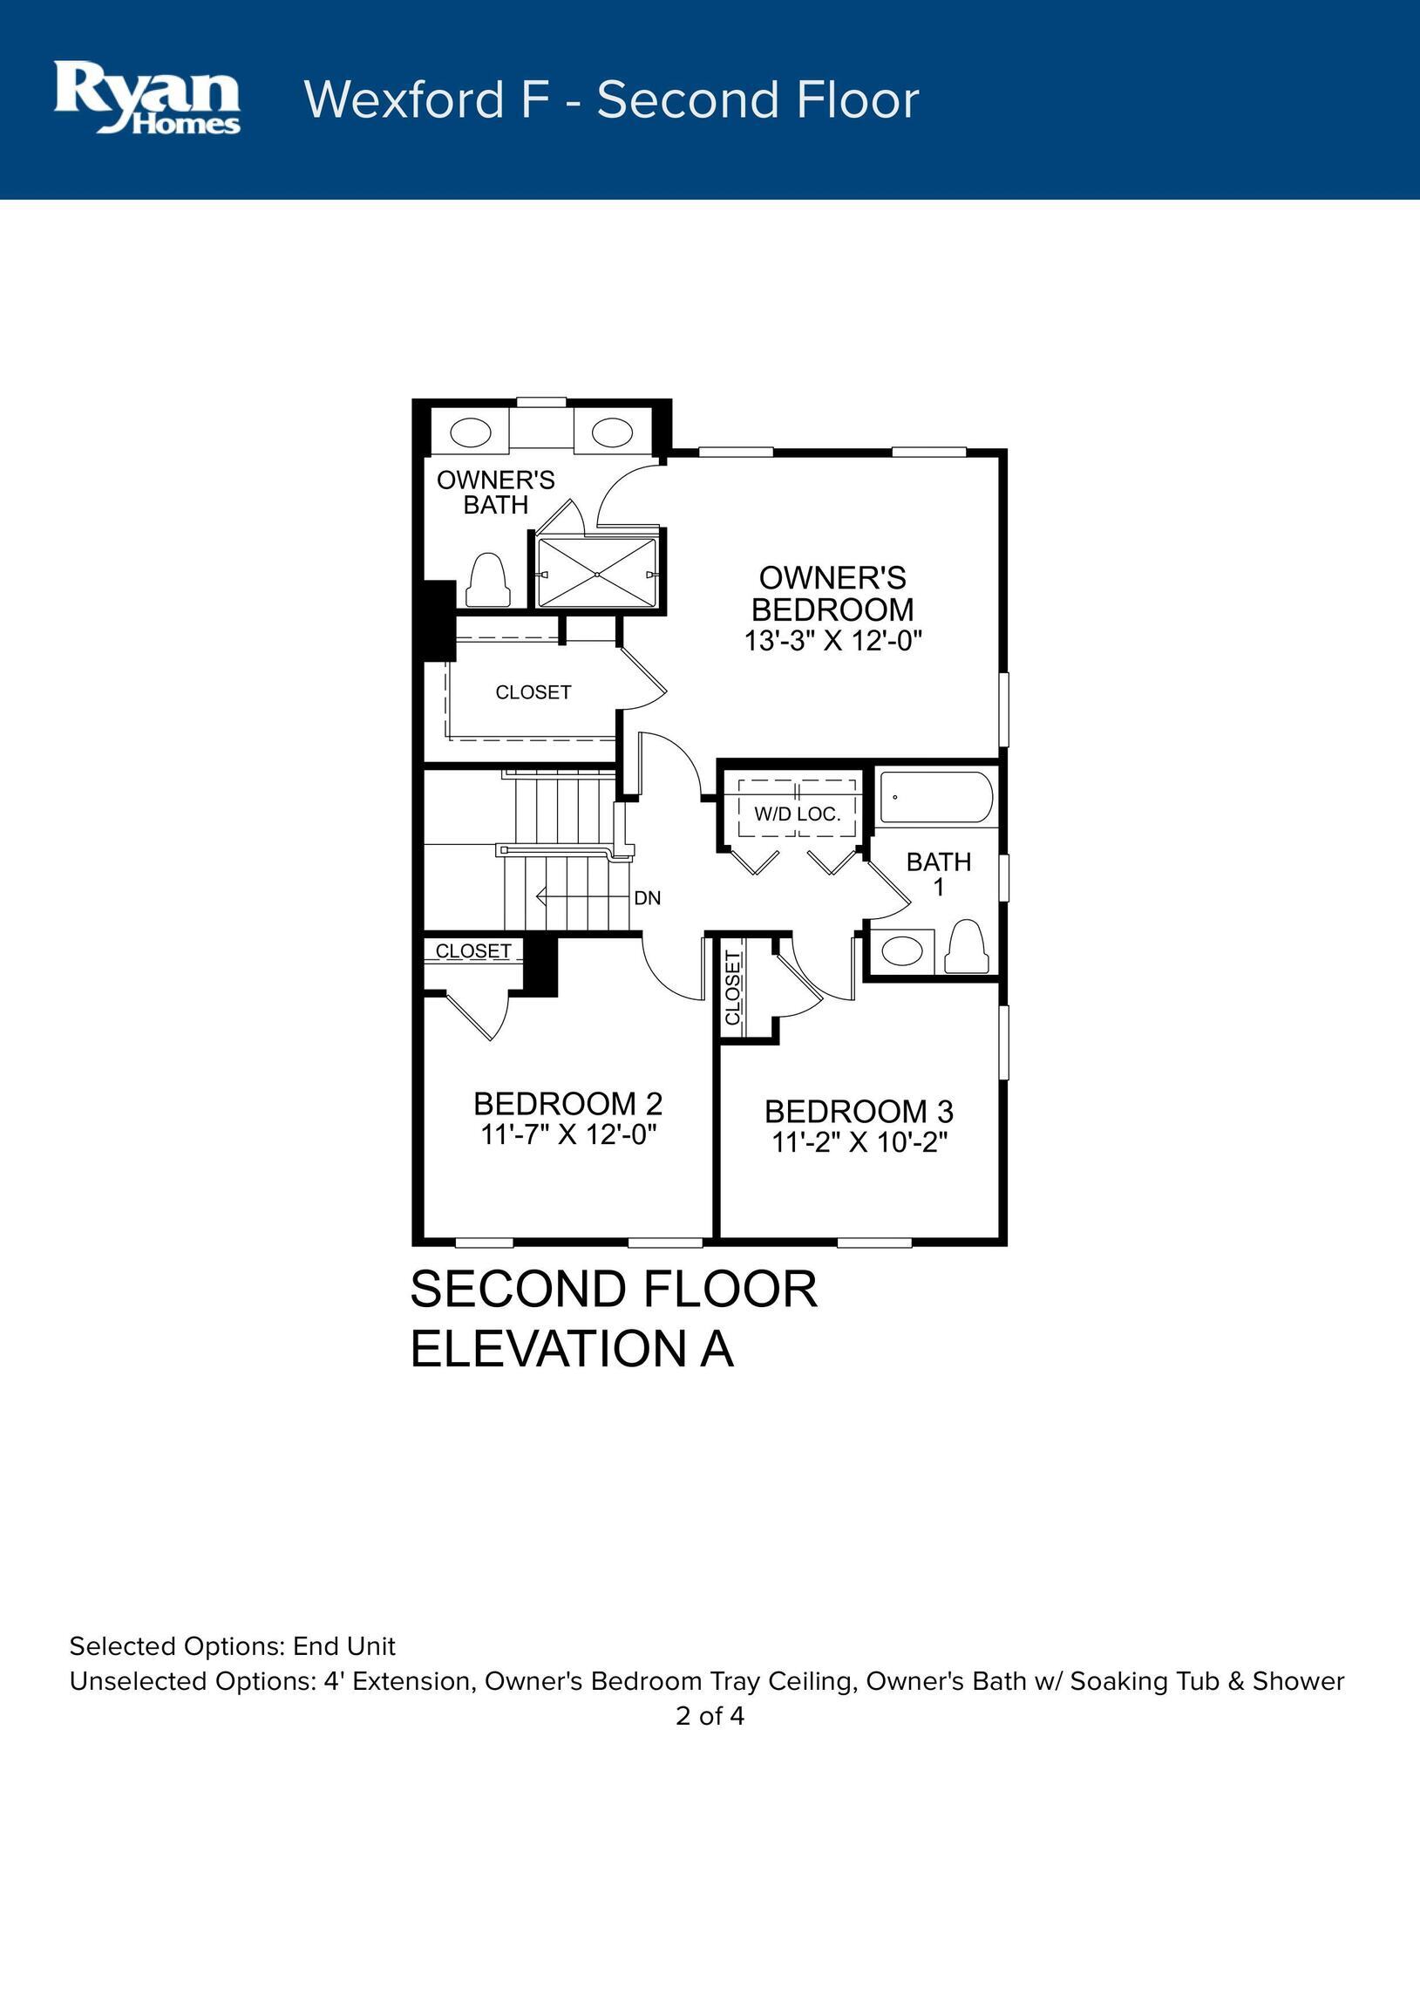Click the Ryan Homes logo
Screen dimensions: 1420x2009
coord(147,97)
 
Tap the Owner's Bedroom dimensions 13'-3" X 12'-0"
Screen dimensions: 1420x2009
coord(833,642)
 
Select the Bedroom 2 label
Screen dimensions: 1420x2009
coord(567,1103)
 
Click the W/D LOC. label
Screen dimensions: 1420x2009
coord(797,814)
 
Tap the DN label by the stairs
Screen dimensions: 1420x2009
coord(648,898)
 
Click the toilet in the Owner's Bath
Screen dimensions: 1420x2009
coord(487,579)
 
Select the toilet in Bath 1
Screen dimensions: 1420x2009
coord(967,946)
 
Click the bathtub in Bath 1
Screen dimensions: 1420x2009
coord(936,796)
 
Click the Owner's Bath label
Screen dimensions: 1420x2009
coord(495,492)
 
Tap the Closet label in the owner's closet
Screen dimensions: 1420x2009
coord(533,692)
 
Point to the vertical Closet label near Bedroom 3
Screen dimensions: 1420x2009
coord(733,987)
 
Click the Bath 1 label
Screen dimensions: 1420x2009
coord(939,874)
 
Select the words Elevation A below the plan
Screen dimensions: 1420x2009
coord(571,1348)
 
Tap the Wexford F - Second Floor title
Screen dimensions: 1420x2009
coord(612,99)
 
